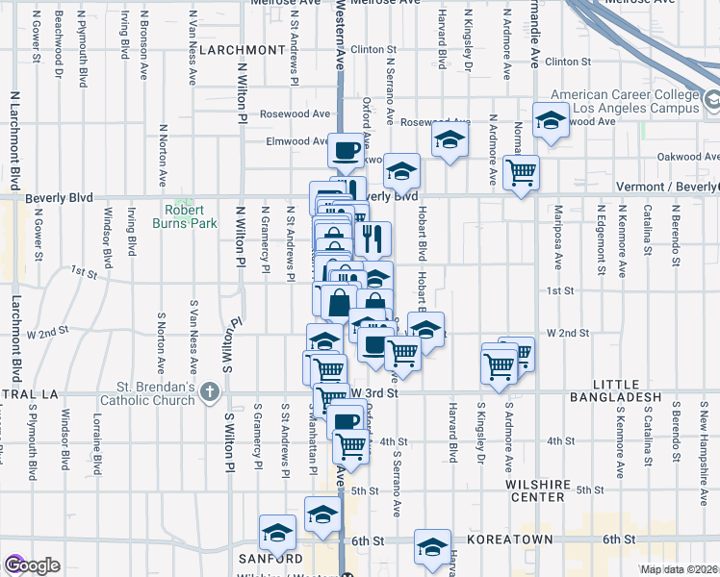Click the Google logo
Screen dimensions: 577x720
click(32, 565)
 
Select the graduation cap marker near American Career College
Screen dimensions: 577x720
click(551, 120)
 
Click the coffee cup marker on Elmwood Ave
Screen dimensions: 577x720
click(347, 150)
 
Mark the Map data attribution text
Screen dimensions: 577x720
click(679, 569)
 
